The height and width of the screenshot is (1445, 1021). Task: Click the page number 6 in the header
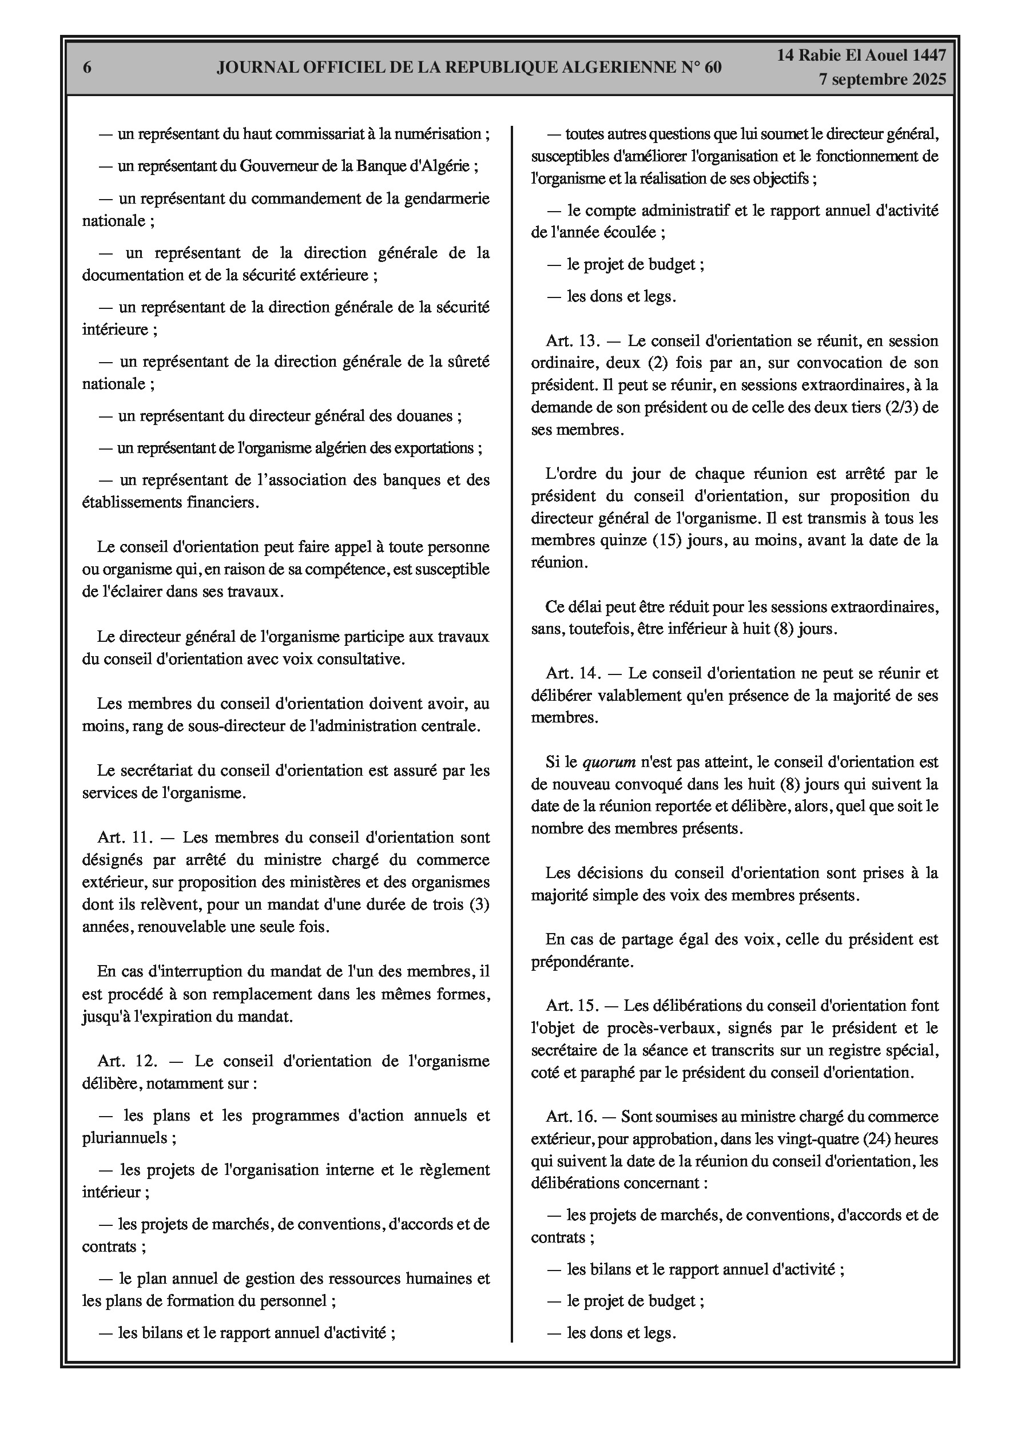pyautogui.click(x=88, y=68)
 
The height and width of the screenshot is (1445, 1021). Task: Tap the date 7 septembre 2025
pyautogui.click(x=882, y=80)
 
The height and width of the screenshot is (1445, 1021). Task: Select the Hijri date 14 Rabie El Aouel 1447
pyautogui.click(x=861, y=55)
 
